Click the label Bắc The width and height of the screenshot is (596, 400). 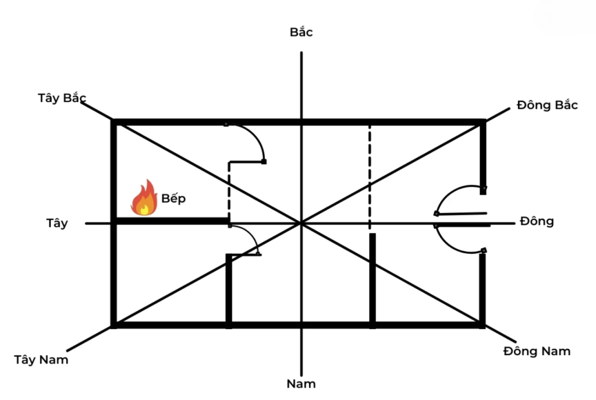[x=301, y=32]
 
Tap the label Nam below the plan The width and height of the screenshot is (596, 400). [x=301, y=384]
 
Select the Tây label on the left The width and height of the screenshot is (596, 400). [x=57, y=223]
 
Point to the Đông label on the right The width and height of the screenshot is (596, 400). [x=537, y=221]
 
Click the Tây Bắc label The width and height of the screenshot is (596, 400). [x=62, y=98]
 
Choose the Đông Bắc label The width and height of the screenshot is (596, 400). [x=547, y=105]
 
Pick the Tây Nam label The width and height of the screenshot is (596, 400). [x=41, y=359]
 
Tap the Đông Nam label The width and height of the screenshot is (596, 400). [x=537, y=351]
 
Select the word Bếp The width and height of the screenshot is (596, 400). [x=173, y=199]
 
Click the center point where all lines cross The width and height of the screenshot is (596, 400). [x=301, y=222]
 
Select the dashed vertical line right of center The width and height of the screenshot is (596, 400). [x=370, y=175]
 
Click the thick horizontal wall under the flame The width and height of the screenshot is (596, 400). [x=172, y=221]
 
